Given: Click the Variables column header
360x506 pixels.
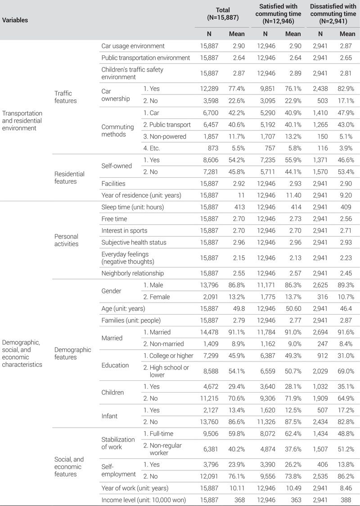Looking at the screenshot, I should (x=15, y=20).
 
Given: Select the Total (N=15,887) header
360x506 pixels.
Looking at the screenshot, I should (x=222, y=14).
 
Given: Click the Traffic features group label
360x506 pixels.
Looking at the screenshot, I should (x=66, y=97).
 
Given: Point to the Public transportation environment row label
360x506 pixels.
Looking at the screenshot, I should (x=146, y=58).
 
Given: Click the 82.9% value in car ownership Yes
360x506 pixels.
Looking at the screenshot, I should (x=347, y=89).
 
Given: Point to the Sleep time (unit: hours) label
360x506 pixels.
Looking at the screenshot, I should (x=133, y=207).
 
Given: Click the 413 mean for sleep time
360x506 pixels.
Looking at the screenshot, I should (x=238, y=207).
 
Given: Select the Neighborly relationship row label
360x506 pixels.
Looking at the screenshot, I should (x=133, y=273).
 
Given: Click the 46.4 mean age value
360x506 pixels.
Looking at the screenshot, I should (x=349, y=308).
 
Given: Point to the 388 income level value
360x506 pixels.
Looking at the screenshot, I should (x=350, y=499).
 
